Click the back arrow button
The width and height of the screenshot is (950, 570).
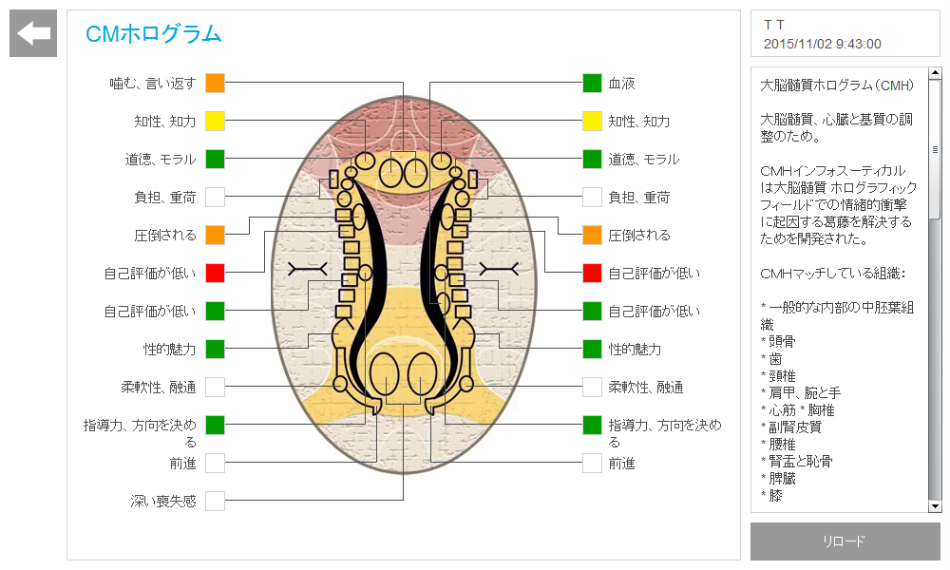33,34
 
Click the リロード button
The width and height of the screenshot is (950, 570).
845,541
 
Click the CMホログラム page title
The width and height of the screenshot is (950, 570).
153,35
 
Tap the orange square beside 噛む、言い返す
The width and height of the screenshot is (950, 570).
216,84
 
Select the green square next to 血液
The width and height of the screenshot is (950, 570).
593,84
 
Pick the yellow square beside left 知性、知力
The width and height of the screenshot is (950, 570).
216,122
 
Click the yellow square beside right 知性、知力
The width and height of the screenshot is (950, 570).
593,122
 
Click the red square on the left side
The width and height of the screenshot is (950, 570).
216,274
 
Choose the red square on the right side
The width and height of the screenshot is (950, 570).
593,274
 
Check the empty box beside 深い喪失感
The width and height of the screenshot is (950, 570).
216,501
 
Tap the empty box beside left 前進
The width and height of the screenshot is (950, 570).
216,463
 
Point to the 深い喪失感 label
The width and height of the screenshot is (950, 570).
163,501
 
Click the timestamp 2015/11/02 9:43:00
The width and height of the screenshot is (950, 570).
822,44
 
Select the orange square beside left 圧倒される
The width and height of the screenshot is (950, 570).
216,235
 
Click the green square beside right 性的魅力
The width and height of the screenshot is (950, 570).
593,349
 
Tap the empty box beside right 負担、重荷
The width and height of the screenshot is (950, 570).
593,198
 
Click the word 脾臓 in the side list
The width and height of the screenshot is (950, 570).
782,479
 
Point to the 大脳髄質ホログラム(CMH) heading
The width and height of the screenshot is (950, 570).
837,85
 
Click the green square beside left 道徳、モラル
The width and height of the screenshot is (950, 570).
216,159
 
